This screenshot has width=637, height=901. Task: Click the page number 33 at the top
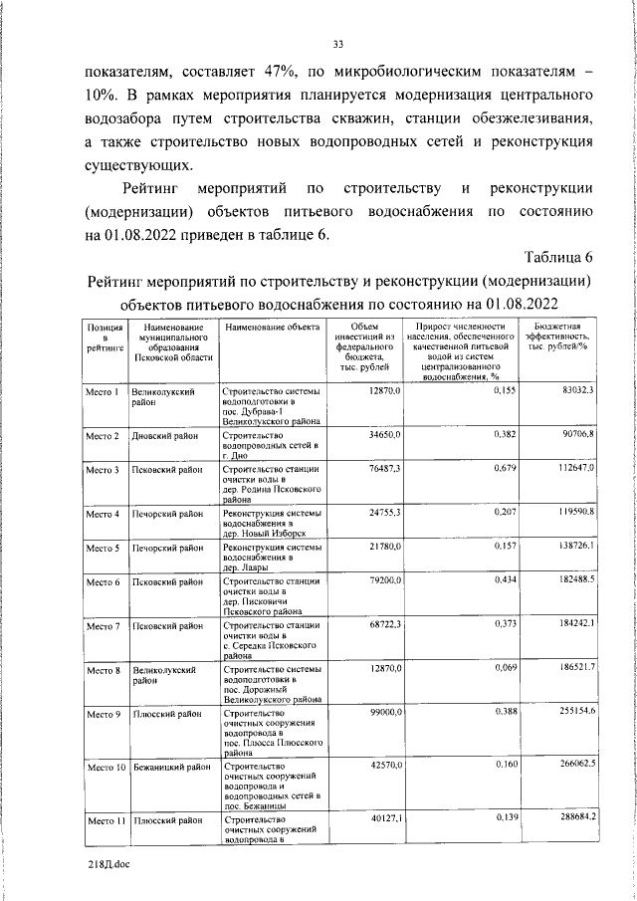[337, 43]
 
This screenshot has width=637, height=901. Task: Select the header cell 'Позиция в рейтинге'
[104, 338]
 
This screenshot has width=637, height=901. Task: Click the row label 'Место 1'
[104, 393]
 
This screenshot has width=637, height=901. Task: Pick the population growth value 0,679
[484, 468]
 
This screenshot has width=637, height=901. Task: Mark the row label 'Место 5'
[104, 549]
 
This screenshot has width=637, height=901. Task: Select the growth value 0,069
[484, 669]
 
